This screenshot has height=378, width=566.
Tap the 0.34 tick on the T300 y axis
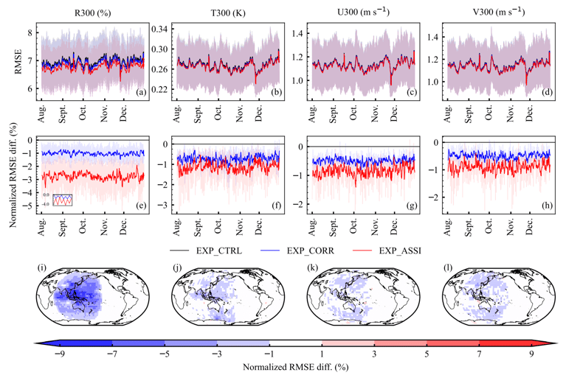pyautogui.click(x=160, y=29)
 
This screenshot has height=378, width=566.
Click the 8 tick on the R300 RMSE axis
pyautogui.click(x=29, y=33)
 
